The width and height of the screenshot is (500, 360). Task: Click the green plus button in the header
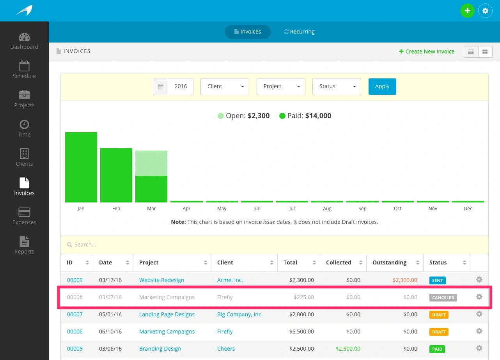(467, 11)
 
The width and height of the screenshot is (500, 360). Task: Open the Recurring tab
(299, 32)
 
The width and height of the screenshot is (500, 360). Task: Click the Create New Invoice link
(427, 51)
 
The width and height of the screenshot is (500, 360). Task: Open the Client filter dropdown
(225, 86)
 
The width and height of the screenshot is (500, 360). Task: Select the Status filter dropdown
(337, 86)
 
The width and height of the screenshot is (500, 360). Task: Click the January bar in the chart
(81, 167)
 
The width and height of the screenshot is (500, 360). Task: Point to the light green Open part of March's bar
(151, 163)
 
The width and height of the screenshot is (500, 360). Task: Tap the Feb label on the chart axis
(116, 209)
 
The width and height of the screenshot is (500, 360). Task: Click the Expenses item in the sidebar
(24, 216)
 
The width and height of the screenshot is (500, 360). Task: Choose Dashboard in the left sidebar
(24, 41)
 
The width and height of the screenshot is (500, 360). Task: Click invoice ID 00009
(75, 280)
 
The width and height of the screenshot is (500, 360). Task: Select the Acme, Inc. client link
(230, 280)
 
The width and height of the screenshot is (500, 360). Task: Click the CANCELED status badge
(443, 298)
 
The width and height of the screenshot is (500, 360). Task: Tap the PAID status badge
(437, 349)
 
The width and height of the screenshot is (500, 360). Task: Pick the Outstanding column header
(390, 262)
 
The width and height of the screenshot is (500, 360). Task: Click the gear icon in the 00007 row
(479, 314)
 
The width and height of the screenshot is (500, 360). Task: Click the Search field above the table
(273, 245)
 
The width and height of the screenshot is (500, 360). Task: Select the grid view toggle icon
(485, 51)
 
